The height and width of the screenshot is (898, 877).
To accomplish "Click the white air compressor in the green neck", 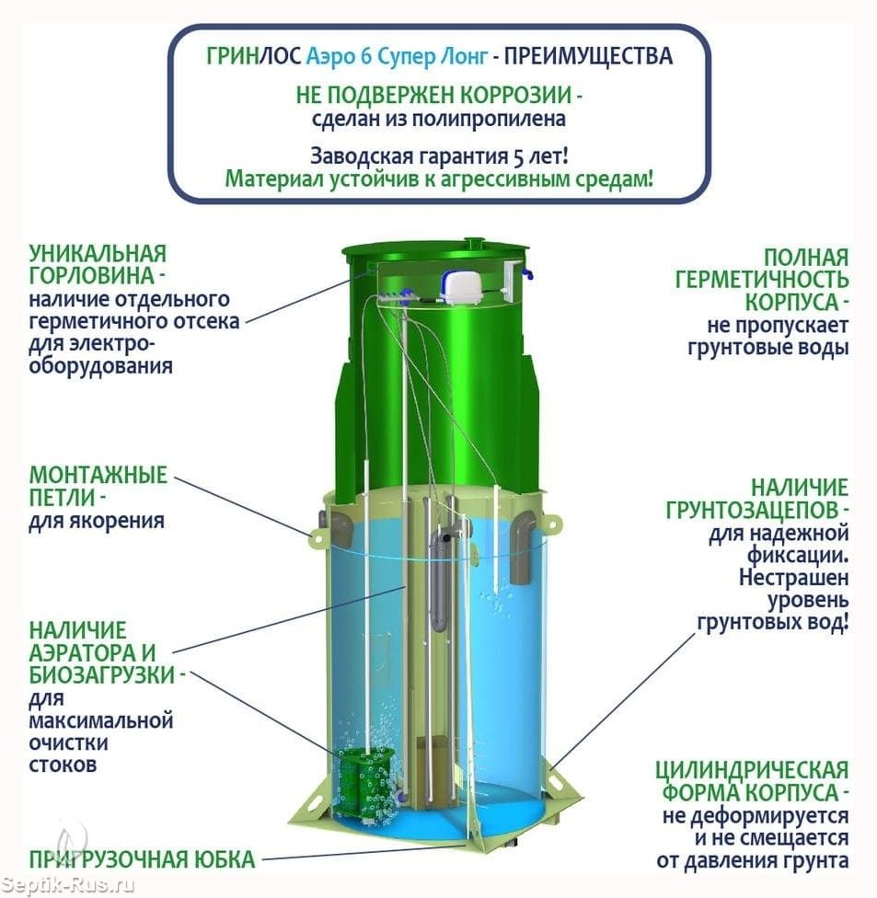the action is pyautogui.click(x=462, y=285).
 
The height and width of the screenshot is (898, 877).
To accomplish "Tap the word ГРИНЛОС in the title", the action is pyautogui.click(x=253, y=56).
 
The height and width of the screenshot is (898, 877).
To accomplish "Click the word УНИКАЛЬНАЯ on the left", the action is pyautogui.click(x=98, y=253).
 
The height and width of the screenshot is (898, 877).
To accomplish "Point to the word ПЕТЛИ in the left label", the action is pyautogui.click(x=63, y=497).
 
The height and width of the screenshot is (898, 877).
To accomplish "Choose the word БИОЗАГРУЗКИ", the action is pyautogui.click(x=102, y=674).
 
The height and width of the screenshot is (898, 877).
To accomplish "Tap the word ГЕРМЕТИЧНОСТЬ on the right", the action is pyautogui.click(x=761, y=280).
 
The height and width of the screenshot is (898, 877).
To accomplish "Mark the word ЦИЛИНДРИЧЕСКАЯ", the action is pyautogui.click(x=752, y=770).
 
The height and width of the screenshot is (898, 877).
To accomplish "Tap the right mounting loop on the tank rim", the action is pyautogui.click(x=554, y=523).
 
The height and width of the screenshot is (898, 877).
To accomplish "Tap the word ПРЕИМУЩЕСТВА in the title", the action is pyautogui.click(x=588, y=56).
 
